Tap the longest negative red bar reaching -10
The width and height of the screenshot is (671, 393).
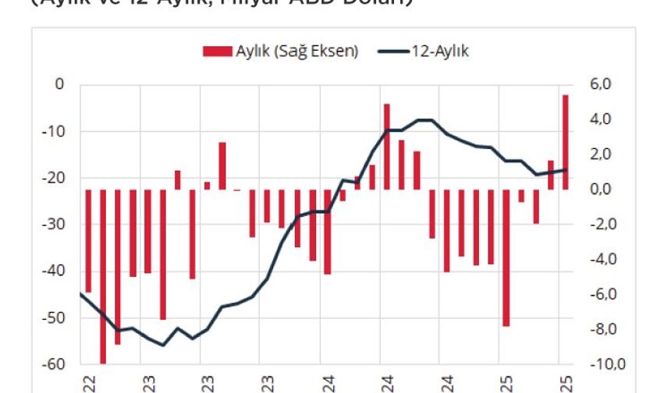103,276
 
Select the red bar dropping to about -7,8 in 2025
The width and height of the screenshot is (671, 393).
506,257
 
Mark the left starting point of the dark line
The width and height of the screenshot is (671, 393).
81,294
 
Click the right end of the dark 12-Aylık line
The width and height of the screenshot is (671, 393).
566,170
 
